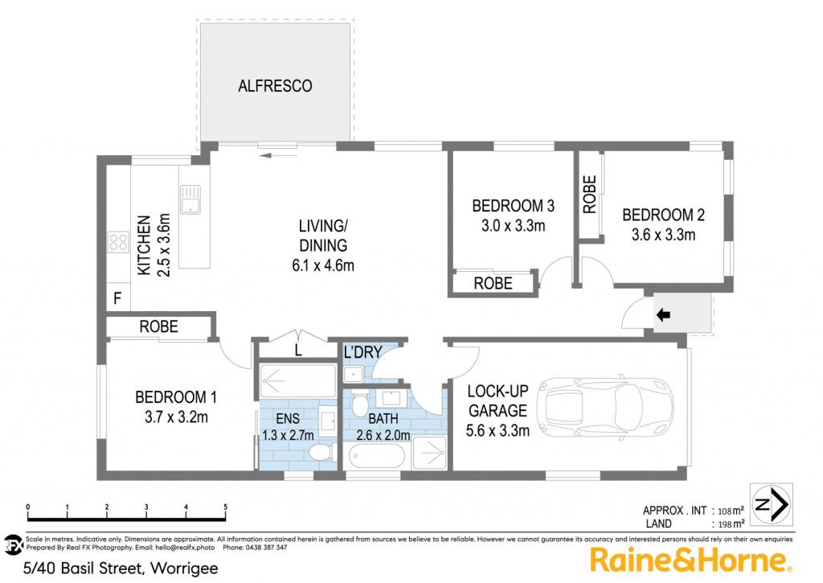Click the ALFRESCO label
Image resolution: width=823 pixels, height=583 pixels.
point(275,85)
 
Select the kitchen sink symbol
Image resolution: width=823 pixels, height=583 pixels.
point(190,199)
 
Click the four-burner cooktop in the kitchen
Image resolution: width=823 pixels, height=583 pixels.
point(118,242)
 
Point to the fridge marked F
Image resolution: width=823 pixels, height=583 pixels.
point(117,298)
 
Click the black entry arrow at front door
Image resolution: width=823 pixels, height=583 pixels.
point(663,315)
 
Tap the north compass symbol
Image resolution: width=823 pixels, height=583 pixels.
point(771,505)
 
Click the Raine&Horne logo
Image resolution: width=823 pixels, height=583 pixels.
point(690,560)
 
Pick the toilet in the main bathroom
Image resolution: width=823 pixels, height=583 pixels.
point(359,402)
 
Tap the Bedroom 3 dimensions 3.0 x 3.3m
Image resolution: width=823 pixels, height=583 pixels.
point(514,226)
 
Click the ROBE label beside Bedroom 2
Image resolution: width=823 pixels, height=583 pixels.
point(590,195)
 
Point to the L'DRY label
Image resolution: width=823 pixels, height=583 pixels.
point(362,352)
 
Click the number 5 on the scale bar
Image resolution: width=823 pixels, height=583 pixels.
point(226,507)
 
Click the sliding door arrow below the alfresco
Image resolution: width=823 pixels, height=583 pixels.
point(278,154)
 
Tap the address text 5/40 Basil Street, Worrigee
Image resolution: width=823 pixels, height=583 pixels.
point(121,569)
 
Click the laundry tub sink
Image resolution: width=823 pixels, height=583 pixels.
point(354,374)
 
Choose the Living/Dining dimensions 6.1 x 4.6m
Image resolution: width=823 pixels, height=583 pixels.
point(323,265)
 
